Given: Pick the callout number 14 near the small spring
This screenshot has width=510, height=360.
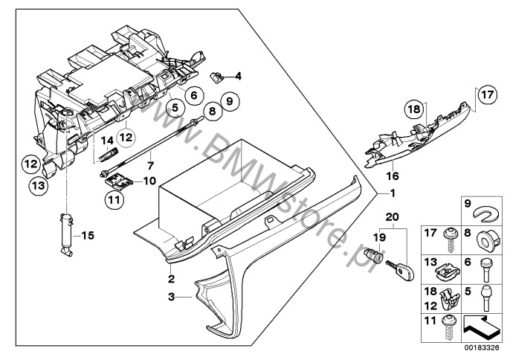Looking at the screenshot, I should click(x=106, y=140).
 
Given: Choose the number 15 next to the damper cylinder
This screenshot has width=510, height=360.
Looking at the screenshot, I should click(x=88, y=236).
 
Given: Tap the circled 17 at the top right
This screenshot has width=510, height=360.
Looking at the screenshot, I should click(x=485, y=95).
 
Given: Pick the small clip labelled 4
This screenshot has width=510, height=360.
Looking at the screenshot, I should click(x=219, y=75).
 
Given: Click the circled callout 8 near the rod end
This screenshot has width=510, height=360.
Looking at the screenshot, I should click(x=212, y=112).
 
